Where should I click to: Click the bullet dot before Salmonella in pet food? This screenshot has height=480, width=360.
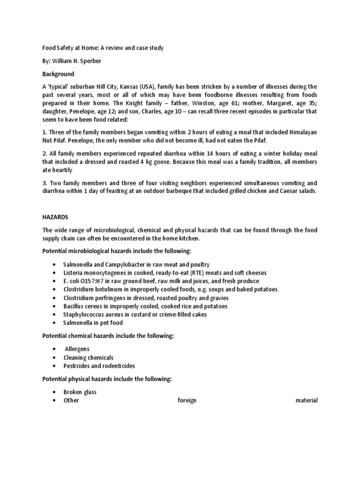pos(55,323)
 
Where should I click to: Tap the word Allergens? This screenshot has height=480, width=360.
pos(77,349)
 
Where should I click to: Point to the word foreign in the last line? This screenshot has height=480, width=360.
pos(187,401)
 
